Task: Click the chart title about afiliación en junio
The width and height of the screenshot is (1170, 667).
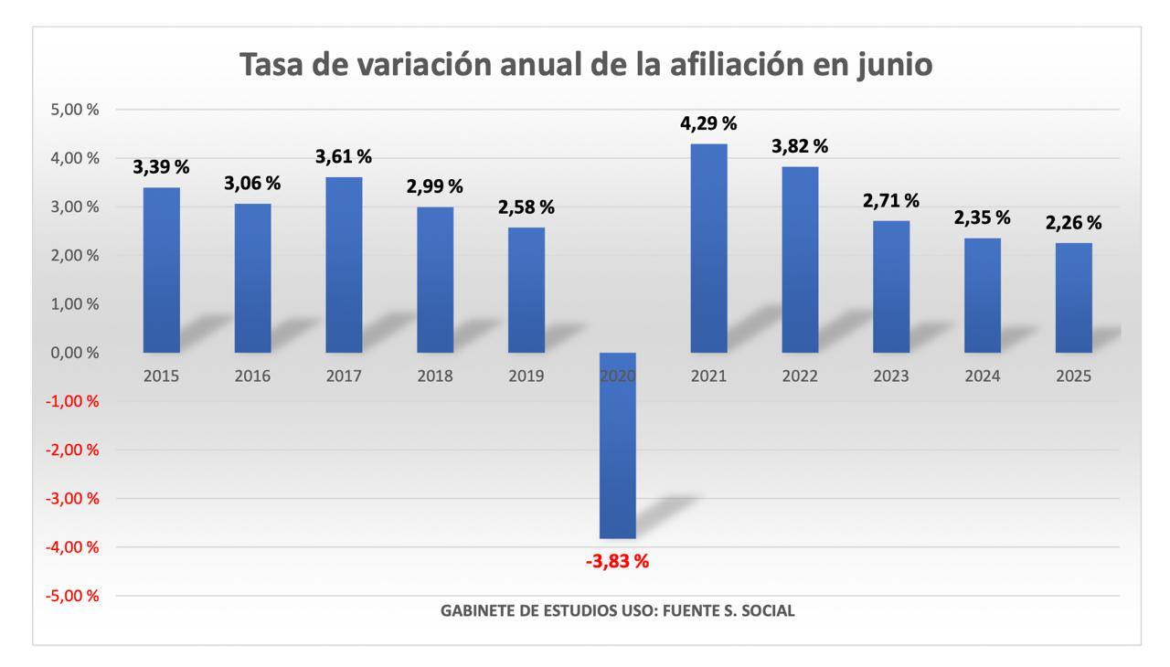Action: pyautogui.click(x=586, y=65)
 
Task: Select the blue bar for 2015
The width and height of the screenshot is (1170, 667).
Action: pyautogui.click(x=161, y=270)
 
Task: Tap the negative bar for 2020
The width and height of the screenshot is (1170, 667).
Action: pyautogui.click(x=617, y=445)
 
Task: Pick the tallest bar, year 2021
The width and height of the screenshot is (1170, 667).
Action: pyautogui.click(x=708, y=248)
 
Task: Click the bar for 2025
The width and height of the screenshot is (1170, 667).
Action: pyautogui.click(x=1073, y=297)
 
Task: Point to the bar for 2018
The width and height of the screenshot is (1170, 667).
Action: pyautogui.click(x=435, y=280)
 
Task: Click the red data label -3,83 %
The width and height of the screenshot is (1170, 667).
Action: pyautogui.click(x=617, y=562)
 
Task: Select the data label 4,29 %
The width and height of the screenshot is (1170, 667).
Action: pyautogui.click(x=708, y=122)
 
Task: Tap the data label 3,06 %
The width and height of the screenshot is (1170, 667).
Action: pyautogui.click(x=252, y=183)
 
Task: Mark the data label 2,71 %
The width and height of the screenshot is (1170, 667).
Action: pyautogui.click(x=891, y=200)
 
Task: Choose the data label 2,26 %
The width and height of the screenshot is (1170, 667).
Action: pyautogui.click(x=1073, y=222)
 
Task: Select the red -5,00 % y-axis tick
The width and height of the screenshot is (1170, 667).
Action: pyautogui.click(x=77, y=596)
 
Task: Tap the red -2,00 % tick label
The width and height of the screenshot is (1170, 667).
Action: pyautogui.click(x=77, y=450)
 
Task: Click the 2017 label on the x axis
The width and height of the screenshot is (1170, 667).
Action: pyautogui.click(x=344, y=376)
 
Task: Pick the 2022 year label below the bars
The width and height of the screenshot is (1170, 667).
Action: pyautogui.click(x=800, y=376)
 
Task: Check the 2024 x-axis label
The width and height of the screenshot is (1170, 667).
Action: pyautogui.click(x=982, y=376)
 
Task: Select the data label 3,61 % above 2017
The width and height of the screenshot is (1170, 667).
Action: pyautogui.click(x=344, y=157)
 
